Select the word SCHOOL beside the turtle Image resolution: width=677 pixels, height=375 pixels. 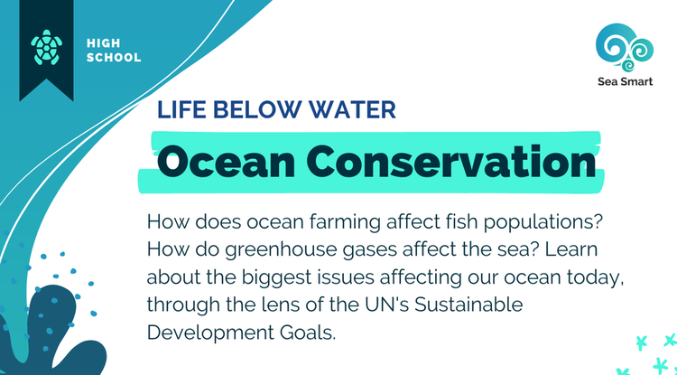(x=114, y=58)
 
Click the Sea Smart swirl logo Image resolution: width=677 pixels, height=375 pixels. (x=623, y=45)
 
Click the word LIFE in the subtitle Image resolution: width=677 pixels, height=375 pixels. (x=179, y=110)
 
